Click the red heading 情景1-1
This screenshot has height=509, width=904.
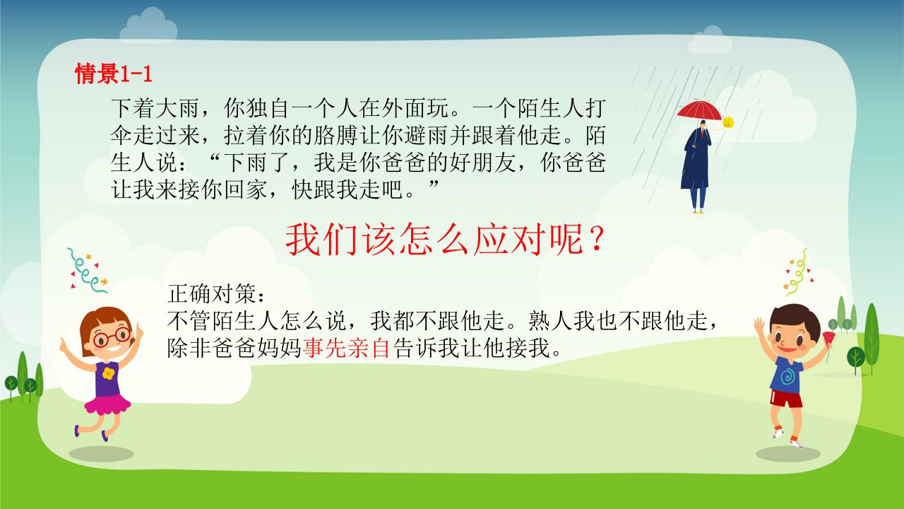[x=114, y=74]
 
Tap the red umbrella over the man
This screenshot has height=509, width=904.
[x=699, y=110]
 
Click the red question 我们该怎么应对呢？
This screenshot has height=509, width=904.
[x=446, y=240]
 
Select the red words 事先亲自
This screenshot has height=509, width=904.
[x=346, y=349]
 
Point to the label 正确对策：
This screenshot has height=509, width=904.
[x=217, y=293]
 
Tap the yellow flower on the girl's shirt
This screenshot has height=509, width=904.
[x=108, y=373]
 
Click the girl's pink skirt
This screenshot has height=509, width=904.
[x=107, y=405]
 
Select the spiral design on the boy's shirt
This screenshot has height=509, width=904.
[x=787, y=376]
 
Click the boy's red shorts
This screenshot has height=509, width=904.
[x=786, y=399]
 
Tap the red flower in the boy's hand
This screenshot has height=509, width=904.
[x=828, y=339]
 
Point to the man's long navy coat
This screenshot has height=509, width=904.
[x=696, y=159]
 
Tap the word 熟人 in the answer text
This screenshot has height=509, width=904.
[x=551, y=322]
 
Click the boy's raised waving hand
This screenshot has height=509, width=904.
[x=759, y=326]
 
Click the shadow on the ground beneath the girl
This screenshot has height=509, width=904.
[x=101, y=454]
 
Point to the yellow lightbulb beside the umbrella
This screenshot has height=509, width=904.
[x=728, y=122]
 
